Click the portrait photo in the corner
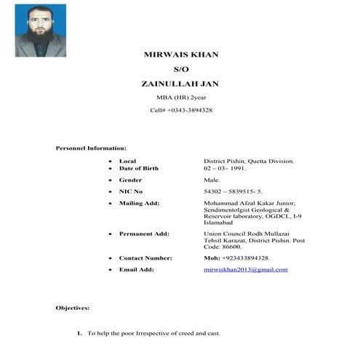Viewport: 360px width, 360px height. pos(40,31)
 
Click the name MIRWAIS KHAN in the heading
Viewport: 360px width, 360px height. pos(180,55)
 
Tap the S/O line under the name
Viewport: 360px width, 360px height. pos(180,70)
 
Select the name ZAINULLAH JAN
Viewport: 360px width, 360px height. pos(180,84)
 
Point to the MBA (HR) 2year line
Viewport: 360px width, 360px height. pos(180,97)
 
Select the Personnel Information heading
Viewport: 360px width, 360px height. pos(91,148)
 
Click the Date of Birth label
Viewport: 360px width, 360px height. pos(139,168)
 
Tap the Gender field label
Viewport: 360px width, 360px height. pos(130,180)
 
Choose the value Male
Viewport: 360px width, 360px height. pos(212,180)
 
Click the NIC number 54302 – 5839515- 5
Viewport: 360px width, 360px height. pos(233,191)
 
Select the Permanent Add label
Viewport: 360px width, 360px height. pos(144,233)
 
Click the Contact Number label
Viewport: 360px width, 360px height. pos(145,258)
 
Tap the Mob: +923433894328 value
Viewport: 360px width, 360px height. pos(237,258)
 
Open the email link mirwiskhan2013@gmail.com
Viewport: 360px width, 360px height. pos(246,270)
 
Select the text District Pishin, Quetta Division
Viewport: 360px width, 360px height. pos(249,160)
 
